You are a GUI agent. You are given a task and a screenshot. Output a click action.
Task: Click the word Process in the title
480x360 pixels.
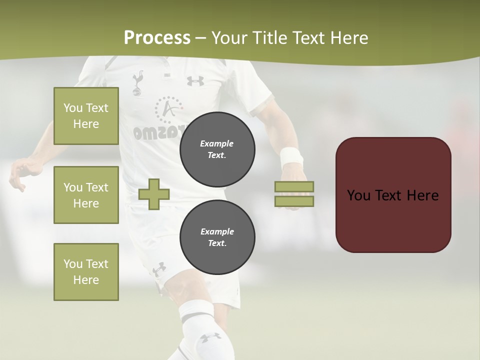pyautogui.click(x=157, y=38)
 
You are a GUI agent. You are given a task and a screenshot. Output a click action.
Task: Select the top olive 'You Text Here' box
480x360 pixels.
pyautogui.click(x=86, y=116)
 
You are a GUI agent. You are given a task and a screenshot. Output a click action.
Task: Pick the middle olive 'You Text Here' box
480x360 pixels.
pyautogui.click(x=86, y=195)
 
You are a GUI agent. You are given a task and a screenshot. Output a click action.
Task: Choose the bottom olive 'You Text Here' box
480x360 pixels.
pyautogui.click(x=86, y=272)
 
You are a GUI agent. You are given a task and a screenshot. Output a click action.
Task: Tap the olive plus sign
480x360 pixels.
pyautogui.click(x=154, y=194)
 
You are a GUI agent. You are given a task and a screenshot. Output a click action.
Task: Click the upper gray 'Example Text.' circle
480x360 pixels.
pyautogui.click(x=217, y=149)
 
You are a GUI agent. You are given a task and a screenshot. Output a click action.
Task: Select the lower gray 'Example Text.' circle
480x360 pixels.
pyautogui.click(x=217, y=237)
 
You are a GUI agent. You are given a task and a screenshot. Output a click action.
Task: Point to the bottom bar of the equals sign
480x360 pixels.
pyautogui.click(x=294, y=201)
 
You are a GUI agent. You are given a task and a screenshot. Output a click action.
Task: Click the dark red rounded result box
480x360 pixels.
pyautogui.click(x=393, y=194)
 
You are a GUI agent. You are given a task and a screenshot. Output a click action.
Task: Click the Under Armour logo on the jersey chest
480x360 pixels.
pyautogui.click(x=195, y=80)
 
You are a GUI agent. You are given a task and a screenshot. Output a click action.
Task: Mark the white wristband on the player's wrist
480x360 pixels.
pyautogui.click(x=291, y=157)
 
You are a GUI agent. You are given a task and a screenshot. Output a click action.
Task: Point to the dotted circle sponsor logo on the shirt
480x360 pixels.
pyautogui.click(x=168, y=109)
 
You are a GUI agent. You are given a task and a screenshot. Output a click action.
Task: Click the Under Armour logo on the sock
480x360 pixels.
pyautogui.click(x=211, y=337)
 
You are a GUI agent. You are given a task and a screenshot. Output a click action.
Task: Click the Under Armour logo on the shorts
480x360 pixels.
pyautogui.click(x=159, y=269)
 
